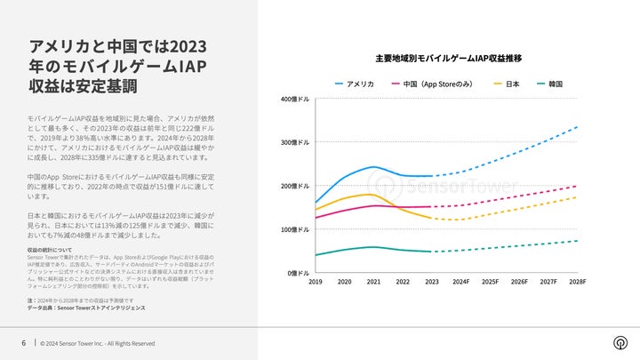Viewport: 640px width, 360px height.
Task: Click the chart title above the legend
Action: [448, 58]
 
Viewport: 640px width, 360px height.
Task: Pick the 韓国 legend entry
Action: [553, 84]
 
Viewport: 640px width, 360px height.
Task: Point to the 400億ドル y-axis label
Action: [295, 99]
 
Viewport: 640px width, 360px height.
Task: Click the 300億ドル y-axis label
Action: [295, 142]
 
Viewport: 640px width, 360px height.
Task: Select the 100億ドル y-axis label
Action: [295, 229]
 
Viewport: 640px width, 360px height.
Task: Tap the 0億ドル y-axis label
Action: [297, 273]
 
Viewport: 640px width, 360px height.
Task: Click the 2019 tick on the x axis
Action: [316, 282]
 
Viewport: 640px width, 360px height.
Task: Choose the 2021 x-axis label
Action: [373, 282]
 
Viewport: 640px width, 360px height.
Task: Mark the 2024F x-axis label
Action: [460, 282]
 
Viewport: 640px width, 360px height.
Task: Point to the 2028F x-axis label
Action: [577, 282]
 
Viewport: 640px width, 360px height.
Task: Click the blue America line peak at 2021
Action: [373, 167]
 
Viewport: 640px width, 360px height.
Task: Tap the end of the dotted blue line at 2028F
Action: [578, 127]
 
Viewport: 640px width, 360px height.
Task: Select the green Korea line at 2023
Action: [431, 252]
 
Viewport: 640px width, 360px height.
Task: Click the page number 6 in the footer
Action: [24, 343]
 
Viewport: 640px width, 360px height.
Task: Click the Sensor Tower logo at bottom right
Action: [620, 343]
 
